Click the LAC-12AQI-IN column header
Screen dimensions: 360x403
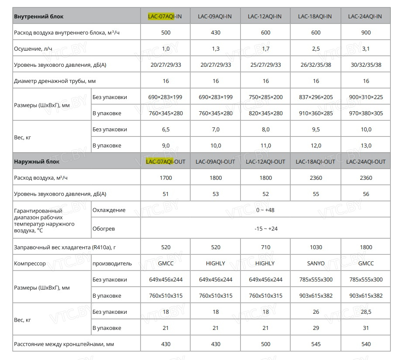[x=265, y=17]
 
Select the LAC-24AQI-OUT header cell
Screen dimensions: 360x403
[x=366, y=161]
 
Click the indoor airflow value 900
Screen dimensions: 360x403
[x=366, y=33]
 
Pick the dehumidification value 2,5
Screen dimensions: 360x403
[x=316, y=49]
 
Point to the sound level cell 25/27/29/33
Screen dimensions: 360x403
[x=265, y=65]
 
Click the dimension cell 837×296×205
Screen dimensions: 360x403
[x=316, y=97]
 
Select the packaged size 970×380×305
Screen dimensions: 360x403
[x=366, y=113]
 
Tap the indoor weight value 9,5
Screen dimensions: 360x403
[x=316, y=130]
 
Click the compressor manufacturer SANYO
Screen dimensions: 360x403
[x=316, y=264]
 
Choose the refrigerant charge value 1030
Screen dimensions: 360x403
[x=316, y=247]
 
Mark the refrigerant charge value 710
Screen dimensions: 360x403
[x=265, y=247]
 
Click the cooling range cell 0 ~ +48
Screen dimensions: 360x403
[x=265, y=210]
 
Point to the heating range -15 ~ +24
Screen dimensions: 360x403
[x=265, y=229]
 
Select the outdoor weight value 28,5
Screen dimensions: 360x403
[x=366, y=312]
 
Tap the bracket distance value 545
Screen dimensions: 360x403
[x=316, y=344]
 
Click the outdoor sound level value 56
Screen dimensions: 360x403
[x=366, y=194]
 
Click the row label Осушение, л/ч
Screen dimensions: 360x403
[x=33, y=49]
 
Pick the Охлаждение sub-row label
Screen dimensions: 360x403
[x=109, y=210]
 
